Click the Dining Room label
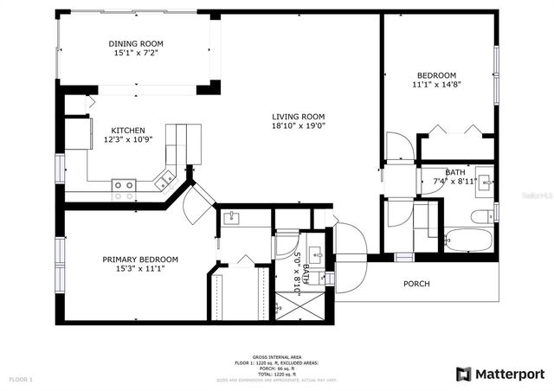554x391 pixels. point(136,43)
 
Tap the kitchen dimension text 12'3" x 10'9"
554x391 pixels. point(128,140)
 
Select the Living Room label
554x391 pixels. point(298,117)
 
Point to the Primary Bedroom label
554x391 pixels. point(140,260)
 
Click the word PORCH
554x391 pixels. point(417,284)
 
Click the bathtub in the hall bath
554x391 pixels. point(467,239)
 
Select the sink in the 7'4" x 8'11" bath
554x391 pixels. point(484,183)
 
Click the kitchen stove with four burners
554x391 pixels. point(124,185)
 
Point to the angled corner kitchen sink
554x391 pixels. point(164,181)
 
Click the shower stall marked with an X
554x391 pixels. point(287,307)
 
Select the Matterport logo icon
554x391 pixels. point(464,374)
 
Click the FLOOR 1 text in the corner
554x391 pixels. point(21,380)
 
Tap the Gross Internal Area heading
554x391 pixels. point(276,356)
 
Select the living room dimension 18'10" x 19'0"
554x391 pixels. point(298,126)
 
